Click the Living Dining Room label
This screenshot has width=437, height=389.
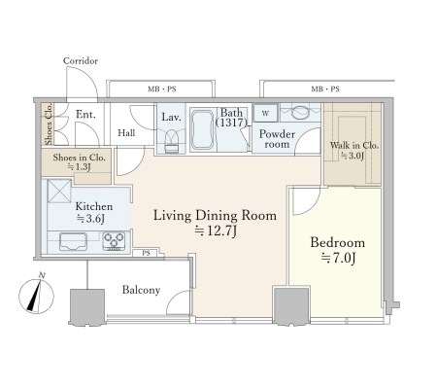pos(215,216)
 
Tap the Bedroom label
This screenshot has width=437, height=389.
pos(338,243)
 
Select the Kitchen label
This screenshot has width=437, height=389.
pos(94,206)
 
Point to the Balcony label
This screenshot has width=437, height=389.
pos(141,290)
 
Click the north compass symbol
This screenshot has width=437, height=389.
pos(36,295)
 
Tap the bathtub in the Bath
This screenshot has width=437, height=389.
pos(202,130)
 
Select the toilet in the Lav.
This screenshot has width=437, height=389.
pos(172,142)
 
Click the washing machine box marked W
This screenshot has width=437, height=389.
pos(265,113)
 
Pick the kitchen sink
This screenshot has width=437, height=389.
pos(73,242)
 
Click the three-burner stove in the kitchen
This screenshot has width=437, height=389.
pos(114,241)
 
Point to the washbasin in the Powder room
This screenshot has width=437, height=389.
pos(300,112)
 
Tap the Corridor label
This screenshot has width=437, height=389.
pos(81,61)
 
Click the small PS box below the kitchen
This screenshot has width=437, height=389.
pos(146,253)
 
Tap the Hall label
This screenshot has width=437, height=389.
pos(126,133)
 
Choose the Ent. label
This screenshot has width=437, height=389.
pos(85,115)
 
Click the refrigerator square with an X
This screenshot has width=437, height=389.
pos(59,192)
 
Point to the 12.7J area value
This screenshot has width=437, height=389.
pos(216,230)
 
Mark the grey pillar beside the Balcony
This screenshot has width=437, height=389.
pos(87,306)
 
